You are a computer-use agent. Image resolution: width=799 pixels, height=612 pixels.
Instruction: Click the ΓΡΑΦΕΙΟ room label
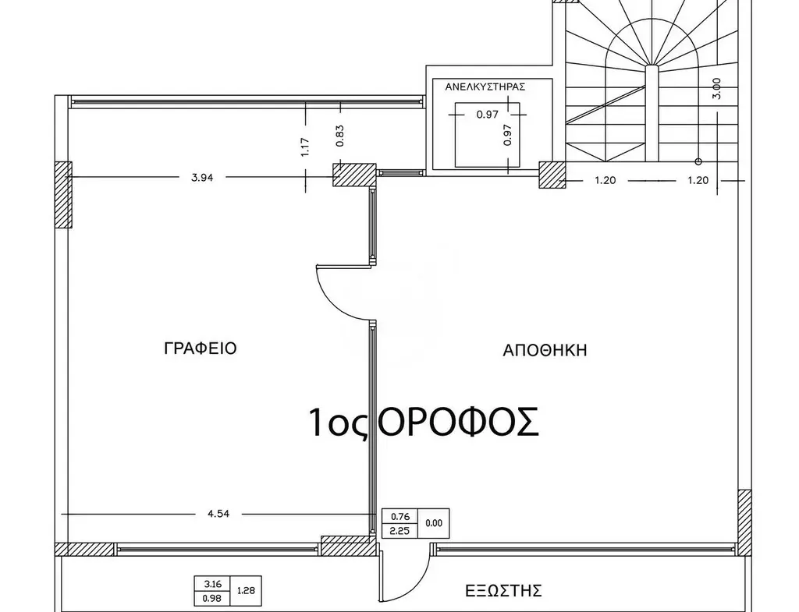click(x=201, y=348)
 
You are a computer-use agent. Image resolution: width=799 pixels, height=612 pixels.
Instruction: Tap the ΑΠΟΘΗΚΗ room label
click(x=545, y=350)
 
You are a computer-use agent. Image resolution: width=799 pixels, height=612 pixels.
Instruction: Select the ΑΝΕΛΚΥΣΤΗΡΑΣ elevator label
click(x=485, y=87)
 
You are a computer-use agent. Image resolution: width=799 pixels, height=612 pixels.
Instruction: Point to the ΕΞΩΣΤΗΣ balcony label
click(x=503, y=591)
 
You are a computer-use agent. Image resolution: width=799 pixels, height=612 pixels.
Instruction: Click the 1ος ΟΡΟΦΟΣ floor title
click(x=424, y=422)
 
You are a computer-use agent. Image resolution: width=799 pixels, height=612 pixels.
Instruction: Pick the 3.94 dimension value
click(x=202, y=178)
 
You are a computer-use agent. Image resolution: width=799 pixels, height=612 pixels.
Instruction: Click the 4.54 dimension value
click(x=218, y=514)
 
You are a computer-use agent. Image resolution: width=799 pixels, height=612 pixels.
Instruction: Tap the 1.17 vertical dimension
click(x=306, y=147)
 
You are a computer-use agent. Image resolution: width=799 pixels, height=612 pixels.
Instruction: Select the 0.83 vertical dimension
click(x=340, y=136)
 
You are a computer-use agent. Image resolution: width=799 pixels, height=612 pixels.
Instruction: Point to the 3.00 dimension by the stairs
click(x=716, y=88)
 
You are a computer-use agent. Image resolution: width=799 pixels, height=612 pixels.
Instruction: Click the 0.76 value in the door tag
click(x=400, y=517)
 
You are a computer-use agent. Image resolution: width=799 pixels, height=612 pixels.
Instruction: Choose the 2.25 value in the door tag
click(x=400, y=531)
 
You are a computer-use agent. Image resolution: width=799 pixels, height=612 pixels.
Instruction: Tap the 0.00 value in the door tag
click(x=434, y=523)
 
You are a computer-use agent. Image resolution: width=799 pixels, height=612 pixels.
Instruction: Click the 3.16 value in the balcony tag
click(x=212, y=584)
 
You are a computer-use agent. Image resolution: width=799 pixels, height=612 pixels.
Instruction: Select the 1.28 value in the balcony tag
click(x=246, y=591)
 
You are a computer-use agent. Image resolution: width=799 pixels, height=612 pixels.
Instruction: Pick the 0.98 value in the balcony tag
click(x=212, y=598)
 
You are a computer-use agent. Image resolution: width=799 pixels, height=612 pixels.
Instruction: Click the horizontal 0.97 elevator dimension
click(x=487, y=115)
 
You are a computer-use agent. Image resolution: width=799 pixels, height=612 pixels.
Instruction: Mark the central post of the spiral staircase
click(x=652, y=112)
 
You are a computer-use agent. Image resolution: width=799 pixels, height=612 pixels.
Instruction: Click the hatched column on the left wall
click(x=63, y=194)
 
